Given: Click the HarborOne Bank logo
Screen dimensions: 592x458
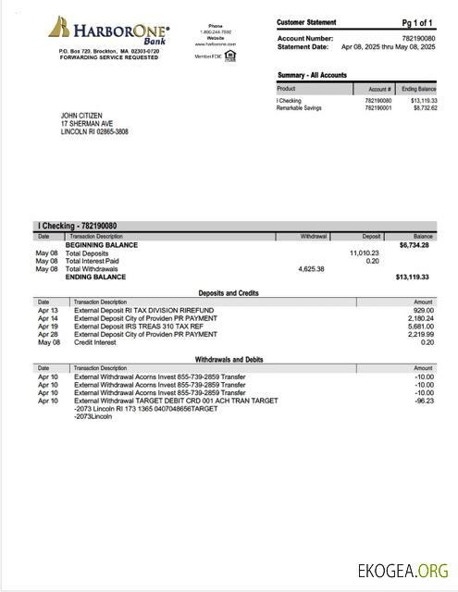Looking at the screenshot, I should click(108, 31).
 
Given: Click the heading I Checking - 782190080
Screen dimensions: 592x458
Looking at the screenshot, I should click(77, 226).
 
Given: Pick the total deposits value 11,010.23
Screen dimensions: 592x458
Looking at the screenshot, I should click(364, 253).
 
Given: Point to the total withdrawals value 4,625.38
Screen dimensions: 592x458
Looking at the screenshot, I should click(311, 268).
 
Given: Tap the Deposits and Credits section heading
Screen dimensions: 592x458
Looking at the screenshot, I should click(229, 292).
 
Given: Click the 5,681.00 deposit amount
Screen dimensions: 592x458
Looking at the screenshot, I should click(421, 326).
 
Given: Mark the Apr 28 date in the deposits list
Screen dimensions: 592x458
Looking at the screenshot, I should click(48, 334).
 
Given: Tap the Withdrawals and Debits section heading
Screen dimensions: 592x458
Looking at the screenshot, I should click(229, 358).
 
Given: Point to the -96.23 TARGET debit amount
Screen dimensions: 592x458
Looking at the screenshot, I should click(424, 401).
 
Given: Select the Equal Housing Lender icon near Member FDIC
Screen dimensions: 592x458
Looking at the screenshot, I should click(229, 55).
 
